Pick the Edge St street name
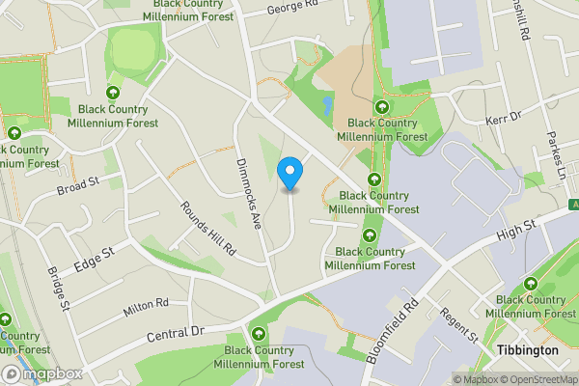point(93,259)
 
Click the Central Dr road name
point(178,335)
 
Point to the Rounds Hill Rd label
point(207,227)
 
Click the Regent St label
point(458,323)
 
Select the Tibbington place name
point(526,350)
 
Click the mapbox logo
point(43,373)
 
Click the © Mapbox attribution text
point(476,379)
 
